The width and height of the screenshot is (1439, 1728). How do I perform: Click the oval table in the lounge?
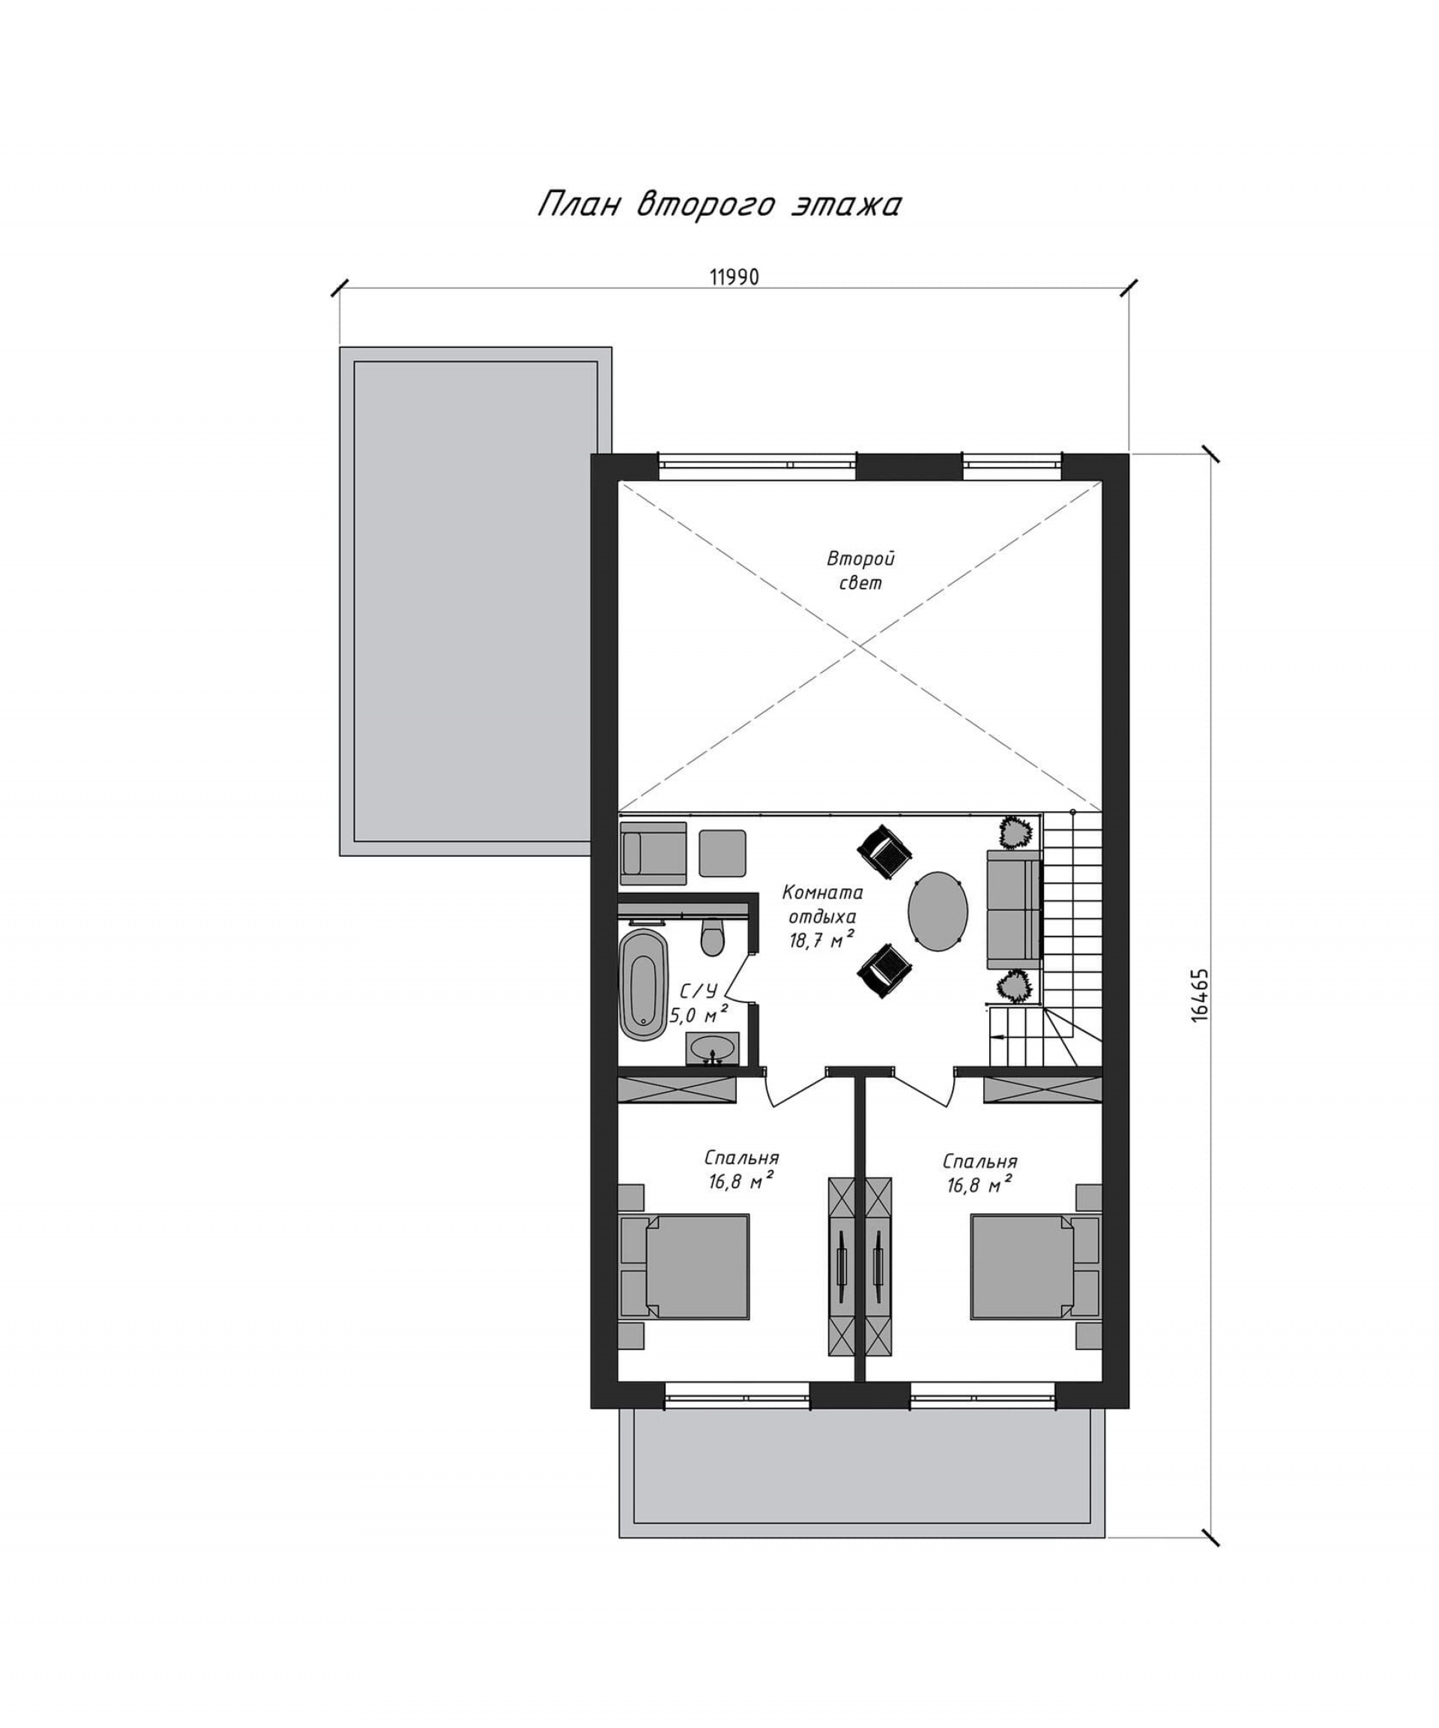coord(937,911)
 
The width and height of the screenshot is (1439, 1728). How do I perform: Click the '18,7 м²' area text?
coord(821,939)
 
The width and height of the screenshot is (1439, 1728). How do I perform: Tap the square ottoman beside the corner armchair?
coord(722,852)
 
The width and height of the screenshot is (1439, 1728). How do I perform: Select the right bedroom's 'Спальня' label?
coord(979,1161)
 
